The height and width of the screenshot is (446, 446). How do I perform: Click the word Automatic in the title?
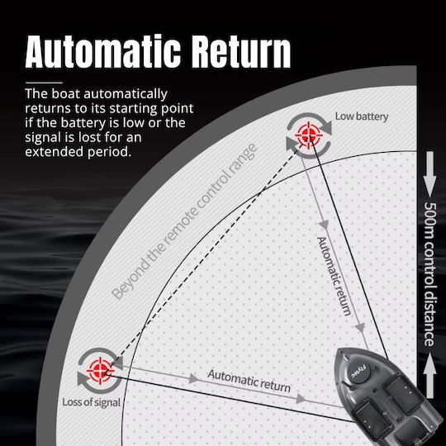103,51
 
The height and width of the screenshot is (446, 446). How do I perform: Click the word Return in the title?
241,51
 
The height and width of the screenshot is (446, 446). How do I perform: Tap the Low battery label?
362,116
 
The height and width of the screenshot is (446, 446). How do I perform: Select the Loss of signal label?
92,402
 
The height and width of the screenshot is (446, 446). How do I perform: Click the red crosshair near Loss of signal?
100,371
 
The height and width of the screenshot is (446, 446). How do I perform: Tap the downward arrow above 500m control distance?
429,173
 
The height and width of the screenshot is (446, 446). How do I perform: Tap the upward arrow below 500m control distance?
429,375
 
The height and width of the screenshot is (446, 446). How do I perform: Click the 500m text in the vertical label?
429,220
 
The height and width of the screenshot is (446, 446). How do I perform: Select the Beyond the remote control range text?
184,221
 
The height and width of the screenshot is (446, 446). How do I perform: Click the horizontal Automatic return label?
249,381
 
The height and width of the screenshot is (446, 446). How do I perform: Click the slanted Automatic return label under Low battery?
334,276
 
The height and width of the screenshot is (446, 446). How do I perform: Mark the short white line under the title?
44,83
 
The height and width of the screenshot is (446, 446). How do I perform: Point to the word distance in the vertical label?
429,318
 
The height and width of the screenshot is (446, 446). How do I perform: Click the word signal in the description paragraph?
43,138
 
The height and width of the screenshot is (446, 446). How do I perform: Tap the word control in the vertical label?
429,263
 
